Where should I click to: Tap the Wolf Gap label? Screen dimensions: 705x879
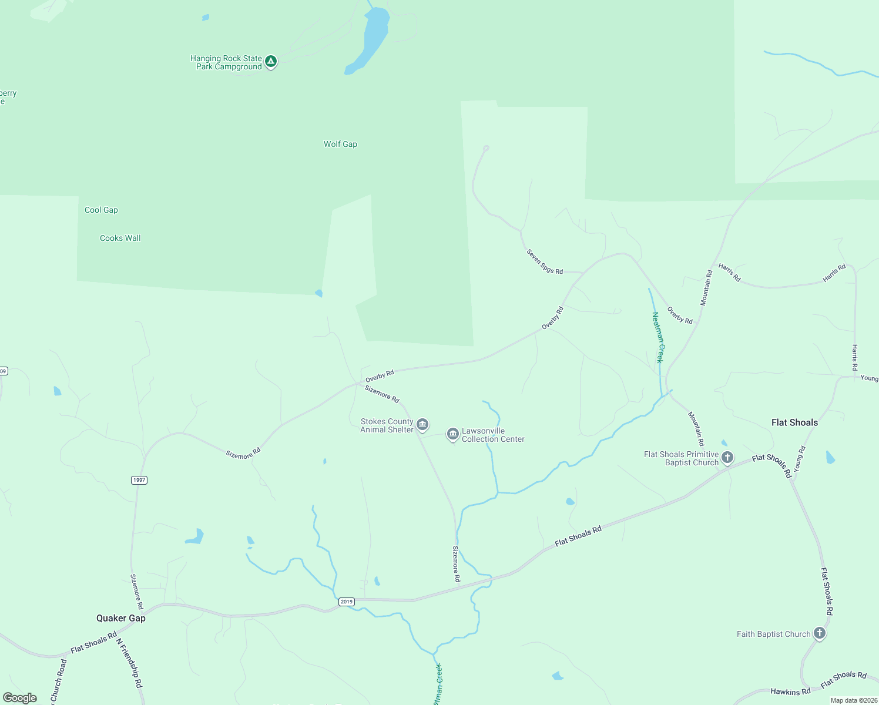(340, 144)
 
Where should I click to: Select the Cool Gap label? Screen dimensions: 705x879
(101, 210)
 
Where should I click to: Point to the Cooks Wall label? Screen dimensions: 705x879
(120, 238)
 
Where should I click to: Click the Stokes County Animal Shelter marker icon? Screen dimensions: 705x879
(422, 425)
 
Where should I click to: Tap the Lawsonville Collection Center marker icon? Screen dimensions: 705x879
(452, 434)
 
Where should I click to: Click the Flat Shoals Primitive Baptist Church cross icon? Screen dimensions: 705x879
(727, 458)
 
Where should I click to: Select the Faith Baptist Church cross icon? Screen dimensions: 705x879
(820, 633)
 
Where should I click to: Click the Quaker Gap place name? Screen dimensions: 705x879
(121, 618)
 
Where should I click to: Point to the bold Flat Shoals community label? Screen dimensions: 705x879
(794, 422)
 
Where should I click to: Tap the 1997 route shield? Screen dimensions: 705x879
(139, 480)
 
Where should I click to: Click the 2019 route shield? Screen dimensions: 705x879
(346, 602)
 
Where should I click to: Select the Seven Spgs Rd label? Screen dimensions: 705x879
(545, 262)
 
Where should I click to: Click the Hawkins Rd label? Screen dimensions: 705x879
(790, 691)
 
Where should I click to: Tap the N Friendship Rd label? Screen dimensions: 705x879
(129, 663)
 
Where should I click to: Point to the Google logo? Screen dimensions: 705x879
(20, 698)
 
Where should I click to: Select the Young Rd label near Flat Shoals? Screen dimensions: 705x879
(800, 458)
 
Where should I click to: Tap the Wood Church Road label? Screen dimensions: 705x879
(59, 681)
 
